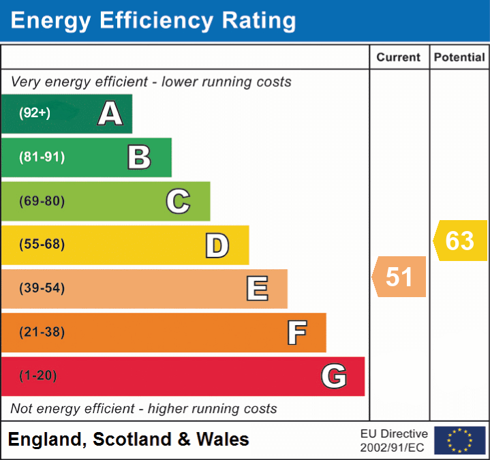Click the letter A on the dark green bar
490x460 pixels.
click(x=110, y=113)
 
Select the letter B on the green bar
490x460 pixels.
click(x=139, y=157)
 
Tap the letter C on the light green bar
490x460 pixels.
click(x=178, y=201)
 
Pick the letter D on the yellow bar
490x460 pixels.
click(x=217, y=245)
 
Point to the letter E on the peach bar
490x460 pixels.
click(x=257, y=289)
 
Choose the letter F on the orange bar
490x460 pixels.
click(x=296, y=333)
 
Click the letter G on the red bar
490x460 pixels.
click(x=334, y=376)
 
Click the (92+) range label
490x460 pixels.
click(x=35, y=113)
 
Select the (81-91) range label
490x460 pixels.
click(x=42, y=157)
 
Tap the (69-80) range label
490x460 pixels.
click(x=42, y=201)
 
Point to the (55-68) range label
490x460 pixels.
click(x=42, y=245)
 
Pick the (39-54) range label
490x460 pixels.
click(x=42, y=288)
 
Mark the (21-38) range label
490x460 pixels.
click(x=42, y=333)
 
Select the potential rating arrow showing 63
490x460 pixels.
click(x=460, y=241)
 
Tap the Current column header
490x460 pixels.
click(x=399, y=58)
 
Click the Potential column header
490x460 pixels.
click(x=459, y=58)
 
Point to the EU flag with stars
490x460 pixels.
click(x=459, y=440)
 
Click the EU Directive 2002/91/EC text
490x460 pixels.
click(x=394, y=440)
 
